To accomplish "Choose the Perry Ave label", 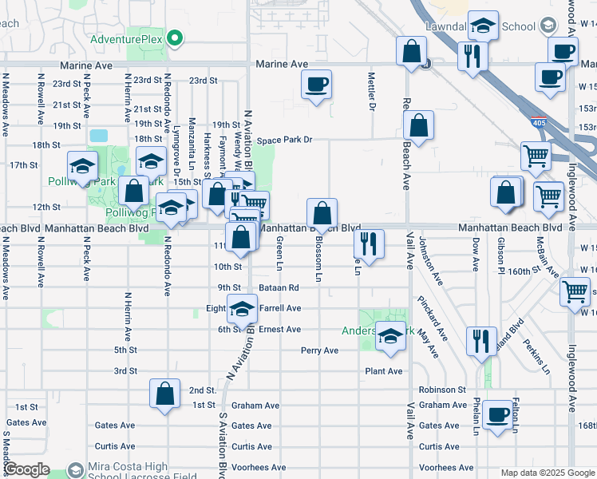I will tap(320, 350).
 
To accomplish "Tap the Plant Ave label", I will tap(384, 371).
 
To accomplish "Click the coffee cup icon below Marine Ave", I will tap(317, 84).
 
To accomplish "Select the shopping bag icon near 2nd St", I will tap(164, 394).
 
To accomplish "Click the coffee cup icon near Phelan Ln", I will tap(497, 414).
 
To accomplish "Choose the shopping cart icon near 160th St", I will tap(575, 292).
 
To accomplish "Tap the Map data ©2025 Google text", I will tap(547, 473).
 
